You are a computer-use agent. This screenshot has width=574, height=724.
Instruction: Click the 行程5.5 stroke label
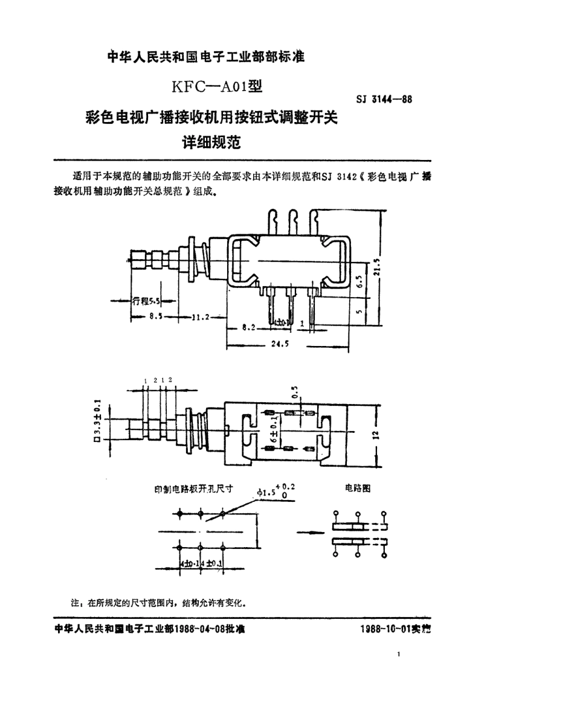coord(146,300)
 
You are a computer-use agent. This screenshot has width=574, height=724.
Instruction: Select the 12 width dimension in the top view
coord(375,435)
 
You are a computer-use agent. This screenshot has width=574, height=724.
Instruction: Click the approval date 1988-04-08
coord(201,628)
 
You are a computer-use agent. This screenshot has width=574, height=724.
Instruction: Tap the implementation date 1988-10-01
coord(385,628)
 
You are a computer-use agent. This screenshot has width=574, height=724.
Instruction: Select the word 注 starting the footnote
coord(76,602)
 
